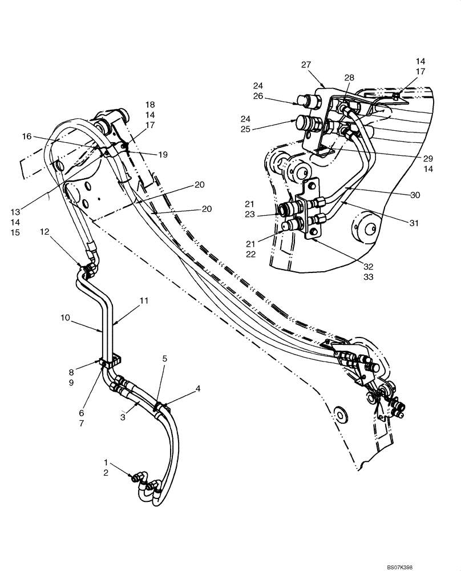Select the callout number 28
[x=349, y=77]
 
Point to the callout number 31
[x=414, y=223]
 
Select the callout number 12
[x=45, y=231]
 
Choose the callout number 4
[x=198, y=389]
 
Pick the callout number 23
[x=249, y=215]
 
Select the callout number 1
[x=106, y=461]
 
